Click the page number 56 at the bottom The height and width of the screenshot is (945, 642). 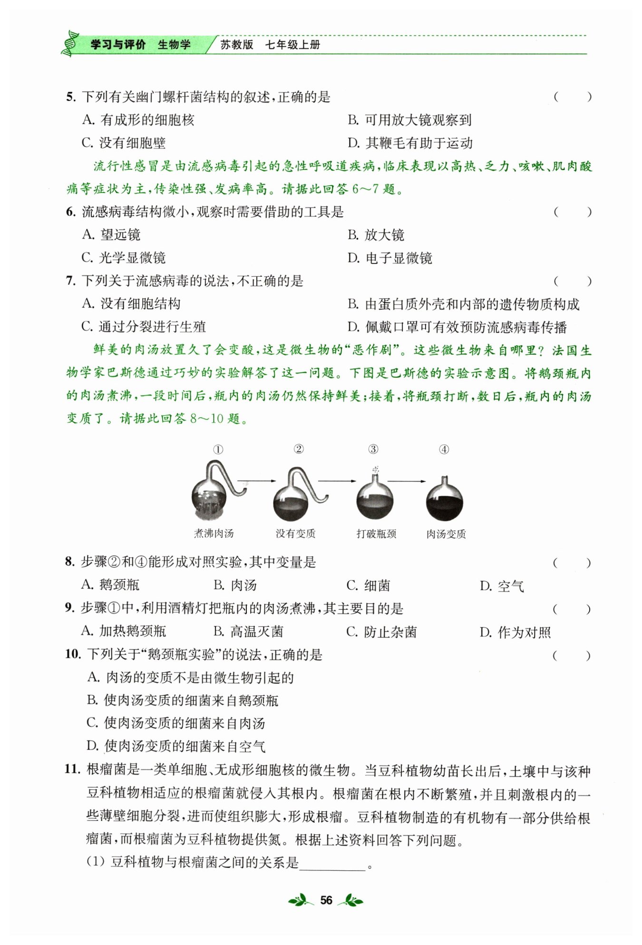[326, 900]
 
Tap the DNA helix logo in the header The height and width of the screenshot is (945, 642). [70, 44]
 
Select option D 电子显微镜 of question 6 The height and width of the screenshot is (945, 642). [389, 258]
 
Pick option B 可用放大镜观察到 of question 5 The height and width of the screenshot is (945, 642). [409, 120]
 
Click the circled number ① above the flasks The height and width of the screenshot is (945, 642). [218, 449]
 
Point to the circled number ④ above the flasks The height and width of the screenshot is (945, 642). [444, 449]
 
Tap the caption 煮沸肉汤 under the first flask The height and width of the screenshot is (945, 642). [214, 534]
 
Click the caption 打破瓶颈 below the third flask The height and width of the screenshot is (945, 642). [376, 534]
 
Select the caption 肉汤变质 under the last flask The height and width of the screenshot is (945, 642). [446, 534]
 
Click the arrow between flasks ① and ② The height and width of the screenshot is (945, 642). [256, 481]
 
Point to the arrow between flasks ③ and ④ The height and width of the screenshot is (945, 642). [407, 481]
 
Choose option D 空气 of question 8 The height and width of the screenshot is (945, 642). [502, 586]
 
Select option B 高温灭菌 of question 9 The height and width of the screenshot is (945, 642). [248, 632]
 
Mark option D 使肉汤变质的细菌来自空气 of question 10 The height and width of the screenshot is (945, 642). [176, 746]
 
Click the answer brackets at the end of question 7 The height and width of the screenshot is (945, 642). [572, 282]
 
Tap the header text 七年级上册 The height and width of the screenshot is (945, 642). [292, 45]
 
